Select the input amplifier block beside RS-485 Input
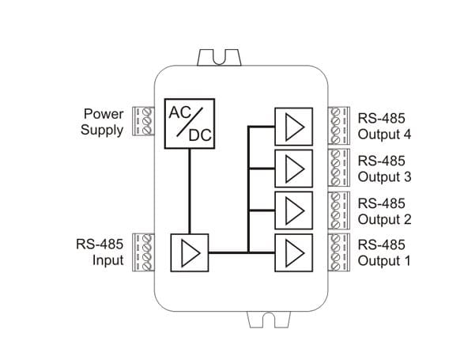click(x=190, y=252)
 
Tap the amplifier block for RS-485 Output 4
click(x=294, y=127)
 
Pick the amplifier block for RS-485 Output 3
click(x=294, y=169)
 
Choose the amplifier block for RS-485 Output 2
click(x=294, y=210)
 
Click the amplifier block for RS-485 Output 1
click(x=294, y=252)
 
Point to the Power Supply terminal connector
click(x=143, y=121)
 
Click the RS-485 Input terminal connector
click(x=143, y=252)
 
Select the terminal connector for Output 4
click(x=339, y=126)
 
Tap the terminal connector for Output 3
click(x=339, y=168)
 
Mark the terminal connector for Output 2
click(x=339, y=210)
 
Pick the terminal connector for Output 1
click(x=339, y=252)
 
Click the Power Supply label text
click(x=102, y=122)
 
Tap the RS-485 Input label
click(x=100, y=252)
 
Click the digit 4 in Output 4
click(x=407, y=135)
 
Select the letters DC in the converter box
click(x=200, y=135)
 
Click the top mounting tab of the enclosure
click(x=219, y=57)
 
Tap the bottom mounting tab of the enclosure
click(x=269, y=320)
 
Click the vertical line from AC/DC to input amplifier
click(x=190, y=191)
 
